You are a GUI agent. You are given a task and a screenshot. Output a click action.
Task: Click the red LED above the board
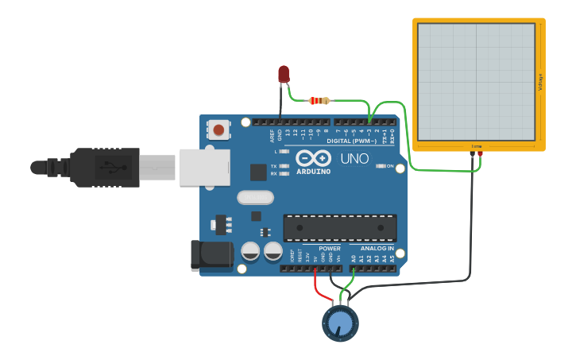(x=284, y=74)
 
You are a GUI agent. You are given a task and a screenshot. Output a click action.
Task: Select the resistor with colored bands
(x=319, y=101)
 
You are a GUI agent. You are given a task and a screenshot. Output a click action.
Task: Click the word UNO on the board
(x=354, y=159)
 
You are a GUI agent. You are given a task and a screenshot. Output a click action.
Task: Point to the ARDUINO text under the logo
(x=314, y=171)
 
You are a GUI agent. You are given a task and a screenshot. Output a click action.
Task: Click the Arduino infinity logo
(x=313, y=157)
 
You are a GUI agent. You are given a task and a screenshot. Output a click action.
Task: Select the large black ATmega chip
(x=340, y=228)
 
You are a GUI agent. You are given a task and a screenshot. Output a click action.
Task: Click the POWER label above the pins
(x=330, y=249)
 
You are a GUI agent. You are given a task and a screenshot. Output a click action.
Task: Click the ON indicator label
(x=390, y=166)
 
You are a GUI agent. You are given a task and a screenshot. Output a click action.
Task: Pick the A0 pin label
(x=354, y=258)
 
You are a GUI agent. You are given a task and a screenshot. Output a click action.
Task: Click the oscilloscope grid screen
(x=475, y=80)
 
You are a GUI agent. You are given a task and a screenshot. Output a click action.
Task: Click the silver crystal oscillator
(x=255, y=197)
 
